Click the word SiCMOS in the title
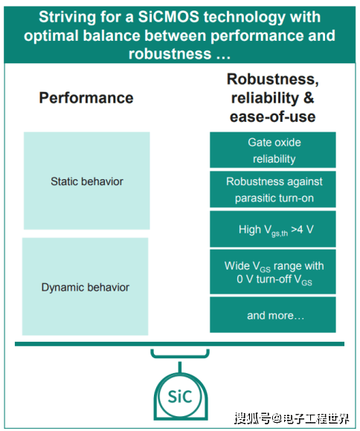(168, 17)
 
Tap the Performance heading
(86, 98)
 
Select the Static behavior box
(87, 181)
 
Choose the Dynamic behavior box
(85, 286)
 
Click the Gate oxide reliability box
(273, 150)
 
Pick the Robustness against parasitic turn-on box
(273, 189)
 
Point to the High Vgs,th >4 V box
(273, 229)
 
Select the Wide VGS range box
(273, 271)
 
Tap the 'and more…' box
(273, 314)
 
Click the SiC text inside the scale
(180, 397)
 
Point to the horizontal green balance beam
(179, 344)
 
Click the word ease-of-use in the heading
(272, 117)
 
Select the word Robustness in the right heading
(272, 80)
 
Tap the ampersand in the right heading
(309, 98)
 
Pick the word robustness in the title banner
(170, 54)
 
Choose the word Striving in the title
(68, 17)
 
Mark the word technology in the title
(245, 17)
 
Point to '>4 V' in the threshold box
(302, 229)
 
